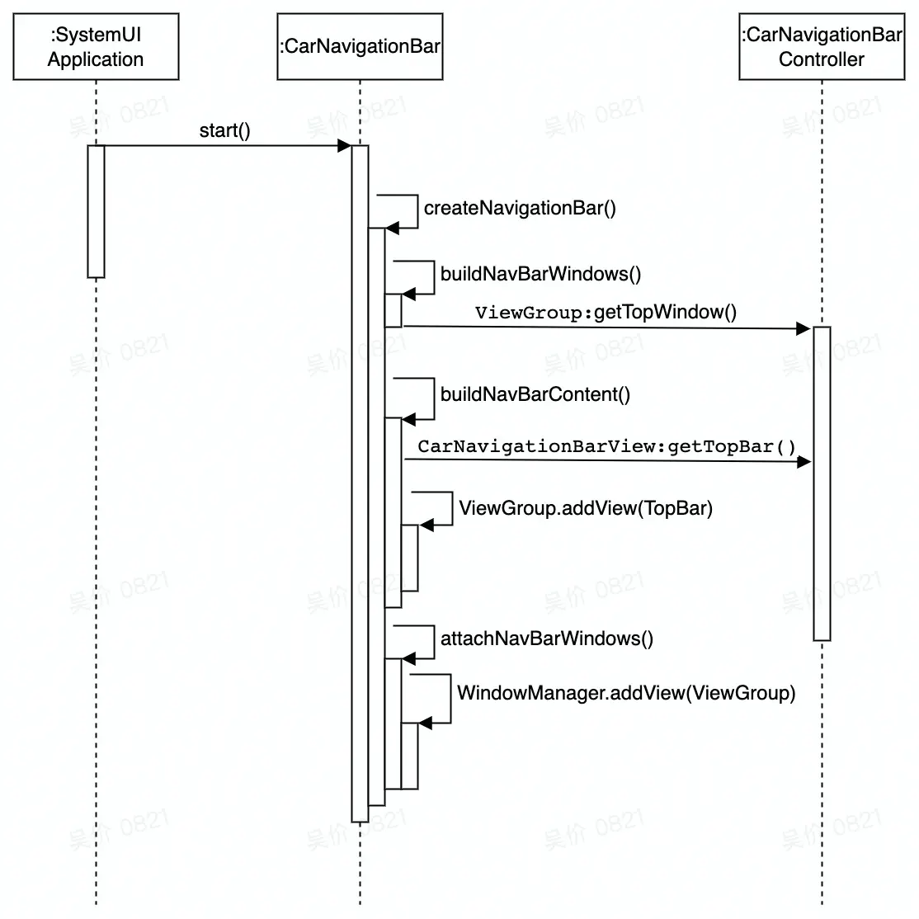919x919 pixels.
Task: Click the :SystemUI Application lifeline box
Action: click(96, 47)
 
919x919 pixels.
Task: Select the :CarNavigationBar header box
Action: click(360, 47)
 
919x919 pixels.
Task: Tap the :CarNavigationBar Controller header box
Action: click(822, 47)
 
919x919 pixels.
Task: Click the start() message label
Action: click(224, 130)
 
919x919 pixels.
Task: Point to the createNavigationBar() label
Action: click(520, 208)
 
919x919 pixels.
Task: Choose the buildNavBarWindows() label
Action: click(540, 274)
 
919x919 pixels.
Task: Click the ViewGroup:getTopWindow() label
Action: click(606, 312)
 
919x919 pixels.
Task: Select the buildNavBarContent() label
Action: click(535, 394)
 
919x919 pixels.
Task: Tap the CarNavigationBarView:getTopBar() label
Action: click(606, 446)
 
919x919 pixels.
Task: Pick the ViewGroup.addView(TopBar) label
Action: click(585, 508)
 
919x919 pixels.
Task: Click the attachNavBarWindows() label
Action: click(546, 639)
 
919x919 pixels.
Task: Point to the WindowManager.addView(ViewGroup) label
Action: click(626, 693)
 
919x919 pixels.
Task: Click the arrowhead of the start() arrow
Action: click(345, 146)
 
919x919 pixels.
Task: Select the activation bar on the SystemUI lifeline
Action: click(96, 211)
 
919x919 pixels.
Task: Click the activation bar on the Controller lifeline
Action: click(822, 483)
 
